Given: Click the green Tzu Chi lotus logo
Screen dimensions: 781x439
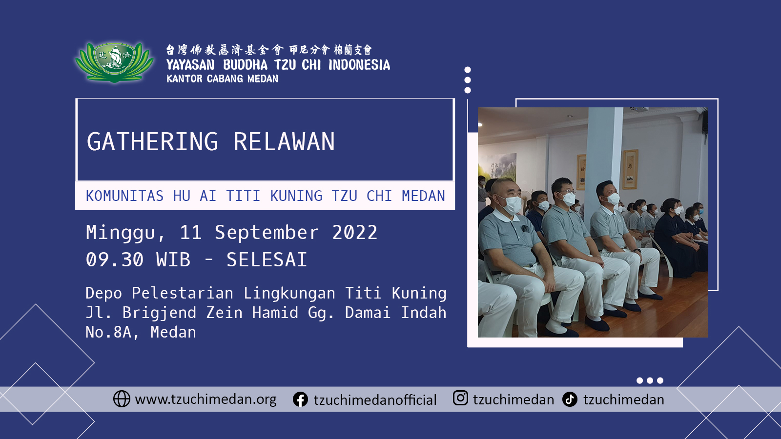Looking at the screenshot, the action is [114, 62].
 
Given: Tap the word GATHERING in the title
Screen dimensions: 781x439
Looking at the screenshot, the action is [153, 142].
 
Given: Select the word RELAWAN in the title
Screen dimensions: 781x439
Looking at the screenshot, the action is [284, 142].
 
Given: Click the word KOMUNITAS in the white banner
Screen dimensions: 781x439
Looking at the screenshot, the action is [125, 196].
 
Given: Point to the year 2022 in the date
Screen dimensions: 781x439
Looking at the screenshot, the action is [354, 232].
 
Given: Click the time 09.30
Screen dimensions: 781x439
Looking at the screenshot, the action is [115, 259].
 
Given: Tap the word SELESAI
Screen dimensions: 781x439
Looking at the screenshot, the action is [267, 259].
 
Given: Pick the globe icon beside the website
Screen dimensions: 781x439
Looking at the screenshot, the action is [122, 399].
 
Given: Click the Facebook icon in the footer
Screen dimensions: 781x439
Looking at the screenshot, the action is [300, 399].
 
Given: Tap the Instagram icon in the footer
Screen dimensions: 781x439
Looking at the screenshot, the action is [460, 398].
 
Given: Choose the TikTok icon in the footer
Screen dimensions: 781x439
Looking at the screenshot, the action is [570, 399].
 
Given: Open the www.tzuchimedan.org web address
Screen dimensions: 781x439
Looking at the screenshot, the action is [206, 399].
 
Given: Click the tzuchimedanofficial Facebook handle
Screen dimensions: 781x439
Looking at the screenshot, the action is [375, 400].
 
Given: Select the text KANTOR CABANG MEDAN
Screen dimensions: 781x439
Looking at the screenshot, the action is [223, 79].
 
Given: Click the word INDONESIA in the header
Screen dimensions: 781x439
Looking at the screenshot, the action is [359, 65].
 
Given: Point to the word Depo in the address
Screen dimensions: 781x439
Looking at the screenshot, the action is [104, 293].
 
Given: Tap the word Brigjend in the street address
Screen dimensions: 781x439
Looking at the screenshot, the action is [159, 313].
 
